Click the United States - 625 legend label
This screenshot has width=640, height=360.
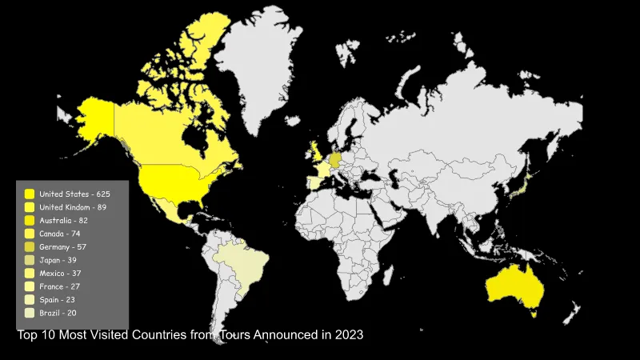click(74, 194)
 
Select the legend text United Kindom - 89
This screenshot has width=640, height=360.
click(73, 207)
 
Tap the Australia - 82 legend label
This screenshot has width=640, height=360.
click(63, 220)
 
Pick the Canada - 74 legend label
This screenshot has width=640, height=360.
click(60, 234)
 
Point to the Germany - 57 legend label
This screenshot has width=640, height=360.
click(63, 246)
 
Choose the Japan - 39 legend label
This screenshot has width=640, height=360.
click(58, 260)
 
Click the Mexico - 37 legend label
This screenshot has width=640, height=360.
click(60, 273)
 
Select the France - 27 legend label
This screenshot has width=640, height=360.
click(60, 286)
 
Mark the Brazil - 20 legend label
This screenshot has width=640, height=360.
click(58, 313)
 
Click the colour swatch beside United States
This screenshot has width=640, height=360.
click(30, 194)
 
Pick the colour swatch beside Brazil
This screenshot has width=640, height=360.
click(30, 313)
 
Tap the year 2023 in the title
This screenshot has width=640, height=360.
click(350, 334)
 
